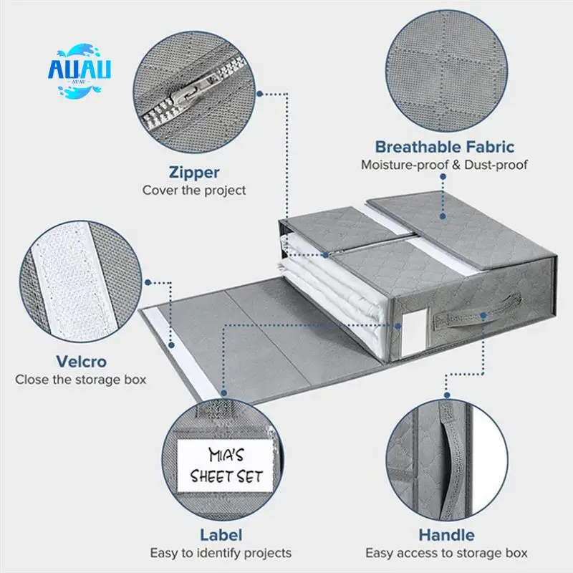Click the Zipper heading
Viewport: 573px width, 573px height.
click(x=193, y=172)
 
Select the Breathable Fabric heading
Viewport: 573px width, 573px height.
click(x=444, y=148)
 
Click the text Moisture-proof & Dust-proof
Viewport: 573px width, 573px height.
click(x=444, y=165)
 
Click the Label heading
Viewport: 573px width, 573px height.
click(x=221, y=534)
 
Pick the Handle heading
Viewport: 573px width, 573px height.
click(x=446, y=534)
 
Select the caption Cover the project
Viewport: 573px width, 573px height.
click(x=193, y=190)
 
